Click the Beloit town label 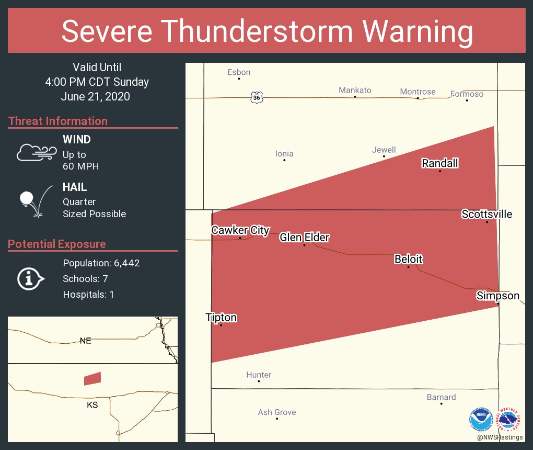click(x=408, y=259)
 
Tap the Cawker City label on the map click(x=240, y=230)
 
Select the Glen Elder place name click(x=304, y=238)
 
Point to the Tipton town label click(x=221, y=318)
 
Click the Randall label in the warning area click(x=439, y=163)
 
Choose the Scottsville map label click(x=486, y=214)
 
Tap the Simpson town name click(x=497, y=296)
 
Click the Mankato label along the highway click(x=355, y=90)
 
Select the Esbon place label click(x=239, y=72)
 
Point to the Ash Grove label click(x=277, y=412)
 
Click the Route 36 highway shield click(x=256, y=97)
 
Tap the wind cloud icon click(x=36, y=152)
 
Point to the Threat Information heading click(x=58, y=121)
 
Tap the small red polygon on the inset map click(x=92, y=378)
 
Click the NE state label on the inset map click(x=86, y=341)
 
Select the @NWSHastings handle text click(x=500, y=437)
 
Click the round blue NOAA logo click(x=481, y=419)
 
